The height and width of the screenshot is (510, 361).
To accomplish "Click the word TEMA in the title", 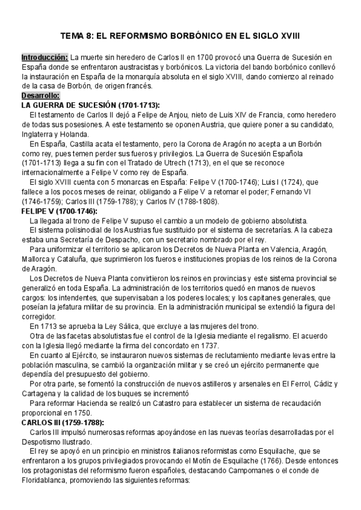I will pos(78,35).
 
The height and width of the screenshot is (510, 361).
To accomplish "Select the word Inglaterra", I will pos(38,134).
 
